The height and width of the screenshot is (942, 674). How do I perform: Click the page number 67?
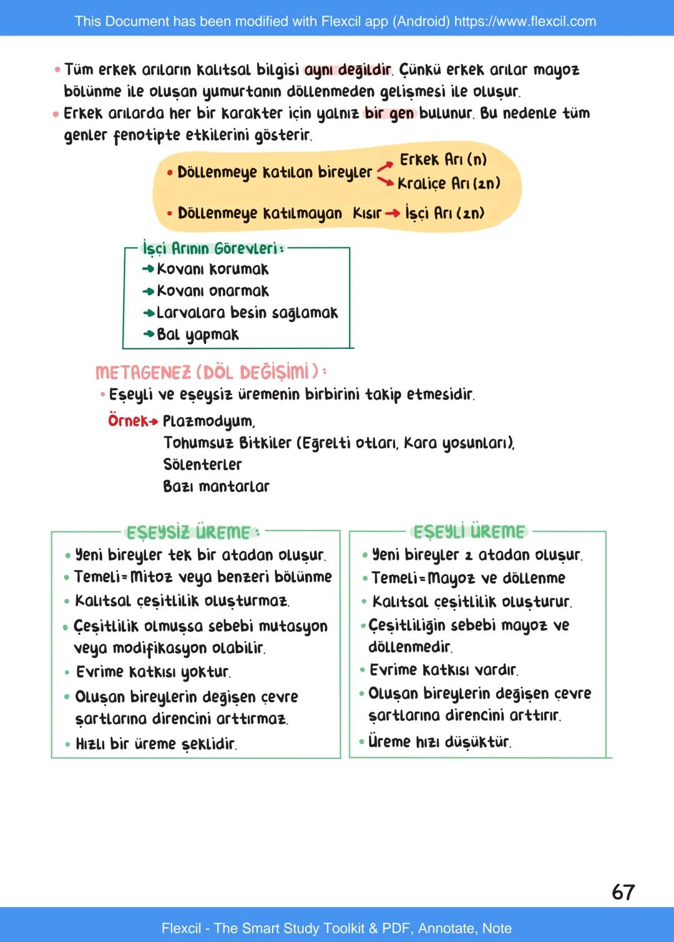tap(623, 892)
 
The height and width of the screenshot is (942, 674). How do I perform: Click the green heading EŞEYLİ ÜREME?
tap(469, 532)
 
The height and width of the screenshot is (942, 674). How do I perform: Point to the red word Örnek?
tap(128, 421)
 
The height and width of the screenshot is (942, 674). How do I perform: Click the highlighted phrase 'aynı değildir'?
tap(348, 70)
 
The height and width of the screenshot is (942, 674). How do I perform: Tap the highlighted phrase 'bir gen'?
tap(389, 114)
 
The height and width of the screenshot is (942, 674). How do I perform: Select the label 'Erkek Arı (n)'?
tap(443, 160)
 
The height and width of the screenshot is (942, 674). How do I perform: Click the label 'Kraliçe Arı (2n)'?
tap(449, 184)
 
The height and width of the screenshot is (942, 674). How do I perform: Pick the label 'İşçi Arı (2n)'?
tap(444, 213)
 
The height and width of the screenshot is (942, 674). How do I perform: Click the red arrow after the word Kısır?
tap(393, 213)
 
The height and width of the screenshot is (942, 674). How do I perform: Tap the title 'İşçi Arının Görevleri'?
tap(212, 248)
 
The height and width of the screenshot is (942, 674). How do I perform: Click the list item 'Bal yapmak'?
tap(197, 335)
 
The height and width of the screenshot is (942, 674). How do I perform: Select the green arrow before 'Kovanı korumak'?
tap(149, 269)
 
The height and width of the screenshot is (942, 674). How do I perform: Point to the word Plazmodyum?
tap(208, 421)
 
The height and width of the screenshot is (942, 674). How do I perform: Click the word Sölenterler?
tap(202, 464)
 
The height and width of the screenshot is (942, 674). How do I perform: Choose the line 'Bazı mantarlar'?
tap(216, 486)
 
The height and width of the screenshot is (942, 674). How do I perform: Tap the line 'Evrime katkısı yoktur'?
tap(153, 672)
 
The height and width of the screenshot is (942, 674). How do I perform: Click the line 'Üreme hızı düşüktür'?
tap(439, 742)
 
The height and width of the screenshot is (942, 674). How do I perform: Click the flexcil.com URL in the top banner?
tap(525, 21)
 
